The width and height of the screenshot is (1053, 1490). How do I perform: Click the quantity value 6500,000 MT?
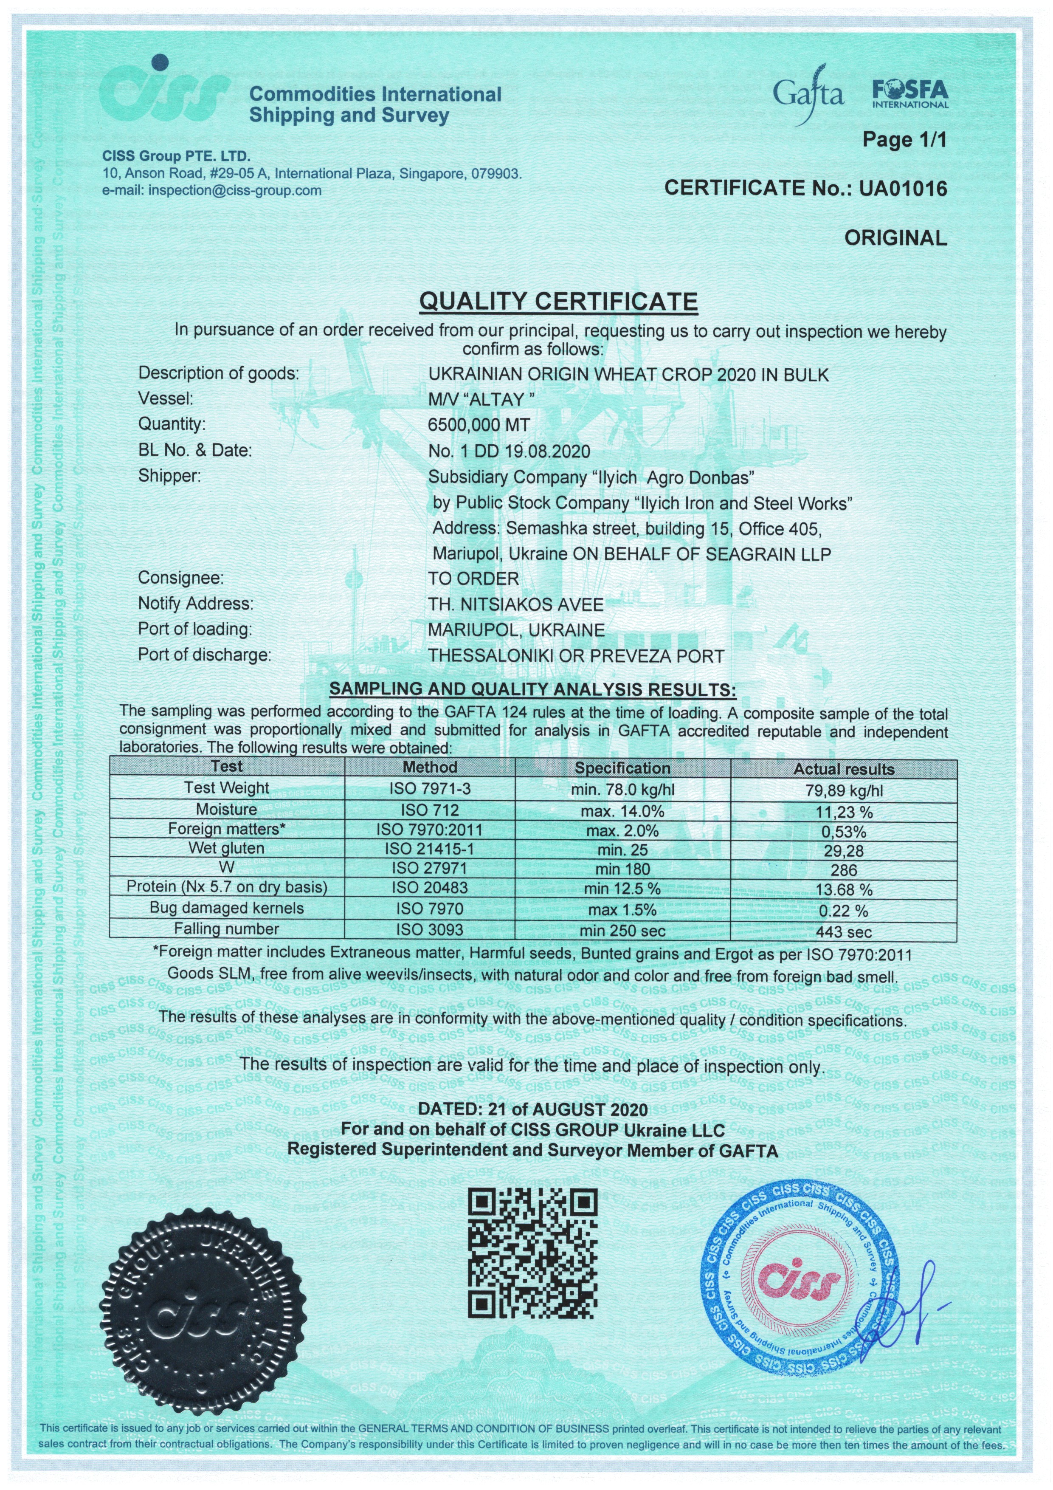[479, 425]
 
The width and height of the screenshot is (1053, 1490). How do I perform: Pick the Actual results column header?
[843, 769]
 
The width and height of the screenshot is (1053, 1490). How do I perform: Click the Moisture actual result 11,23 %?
[843, 812]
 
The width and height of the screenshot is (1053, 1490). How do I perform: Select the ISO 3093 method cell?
[430, 930]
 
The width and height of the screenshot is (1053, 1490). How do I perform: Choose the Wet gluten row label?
[226, 848]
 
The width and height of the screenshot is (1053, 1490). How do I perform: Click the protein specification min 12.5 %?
[622, 889]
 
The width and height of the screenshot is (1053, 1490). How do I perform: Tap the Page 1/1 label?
[904, 140]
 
